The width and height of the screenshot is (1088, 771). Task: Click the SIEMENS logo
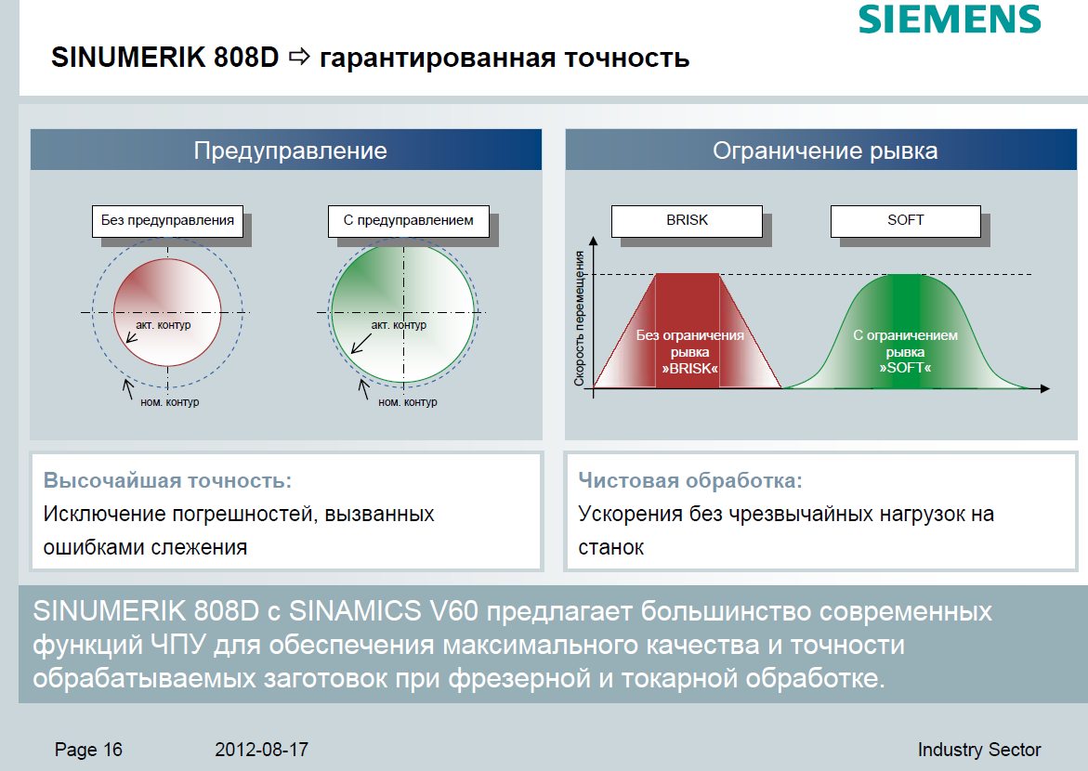click(950, 19)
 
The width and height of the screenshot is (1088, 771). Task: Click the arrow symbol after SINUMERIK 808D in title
click(299, 57)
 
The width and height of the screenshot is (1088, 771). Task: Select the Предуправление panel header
click(286, 150)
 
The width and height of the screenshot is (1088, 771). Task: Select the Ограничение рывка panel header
click(820, 150)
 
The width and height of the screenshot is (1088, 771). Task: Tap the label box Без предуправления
click(167, 221)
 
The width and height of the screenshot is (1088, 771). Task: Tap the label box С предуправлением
click(408, 221)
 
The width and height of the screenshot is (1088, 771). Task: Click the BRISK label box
click(687, 221)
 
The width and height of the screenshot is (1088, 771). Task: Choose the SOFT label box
click(906, 221)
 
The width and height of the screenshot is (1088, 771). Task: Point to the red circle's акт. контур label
click(164, 325)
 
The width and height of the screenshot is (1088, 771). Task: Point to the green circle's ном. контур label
click(407, 402)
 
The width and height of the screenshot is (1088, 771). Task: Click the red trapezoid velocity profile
click(688, 331)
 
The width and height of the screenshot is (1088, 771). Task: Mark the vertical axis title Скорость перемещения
click(579, 318)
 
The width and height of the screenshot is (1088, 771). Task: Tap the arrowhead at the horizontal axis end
click(1045, 388)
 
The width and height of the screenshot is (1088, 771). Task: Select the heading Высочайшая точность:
click(167, 480)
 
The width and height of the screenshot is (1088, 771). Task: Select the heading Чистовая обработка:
click(689, 480)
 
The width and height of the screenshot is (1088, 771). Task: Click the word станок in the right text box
click(610, 547)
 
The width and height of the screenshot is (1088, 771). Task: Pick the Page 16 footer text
click(88, 750)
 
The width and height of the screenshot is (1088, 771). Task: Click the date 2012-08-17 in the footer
click(262, 750)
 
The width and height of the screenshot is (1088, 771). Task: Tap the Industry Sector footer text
click(979, 750)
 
